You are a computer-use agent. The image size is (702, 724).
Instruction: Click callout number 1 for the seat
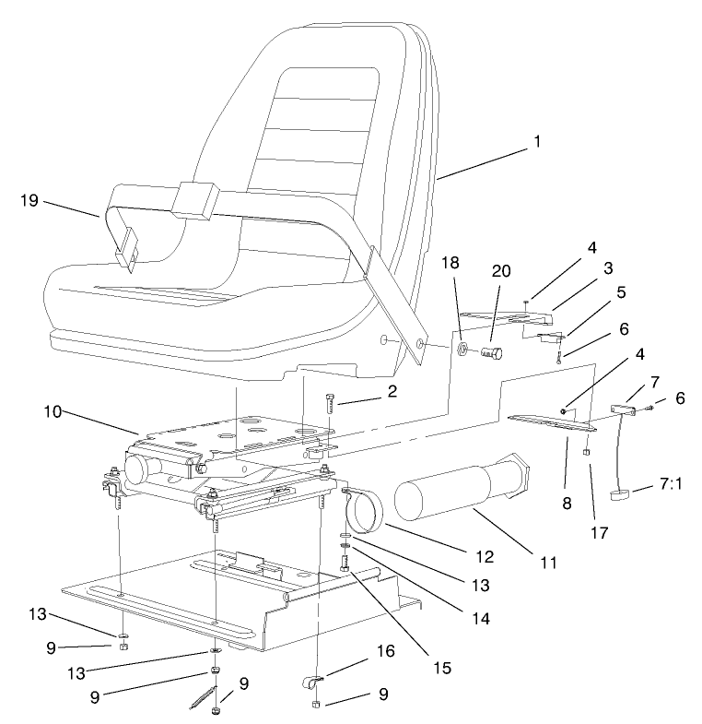[536, 142]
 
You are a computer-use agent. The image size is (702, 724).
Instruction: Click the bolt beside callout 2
[330, 405]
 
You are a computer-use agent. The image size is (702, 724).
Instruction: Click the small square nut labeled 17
[586, 454]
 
